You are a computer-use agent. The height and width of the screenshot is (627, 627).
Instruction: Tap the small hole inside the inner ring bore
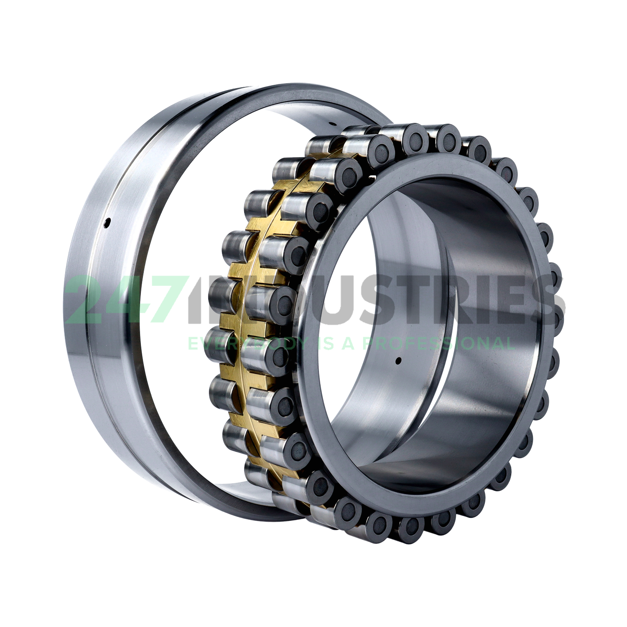[398, 360]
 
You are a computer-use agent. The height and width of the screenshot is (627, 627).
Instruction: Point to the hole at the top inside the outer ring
[333, 124]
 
